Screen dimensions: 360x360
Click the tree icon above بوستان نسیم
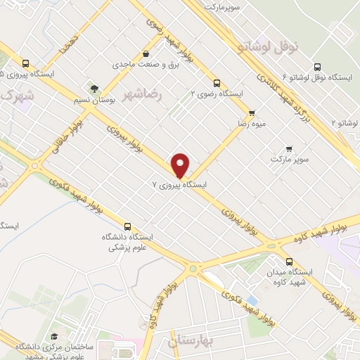point(94,88)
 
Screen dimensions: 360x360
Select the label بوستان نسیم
point(94,101)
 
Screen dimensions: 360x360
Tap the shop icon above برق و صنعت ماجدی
point(146,54)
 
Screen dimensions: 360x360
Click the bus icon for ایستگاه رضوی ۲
point(217,81)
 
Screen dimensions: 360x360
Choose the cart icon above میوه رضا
point(251,112)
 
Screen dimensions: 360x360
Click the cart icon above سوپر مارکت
point(289,148)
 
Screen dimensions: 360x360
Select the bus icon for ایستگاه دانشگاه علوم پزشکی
point(127,226)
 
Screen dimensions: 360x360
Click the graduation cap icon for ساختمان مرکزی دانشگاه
point(54,337)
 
